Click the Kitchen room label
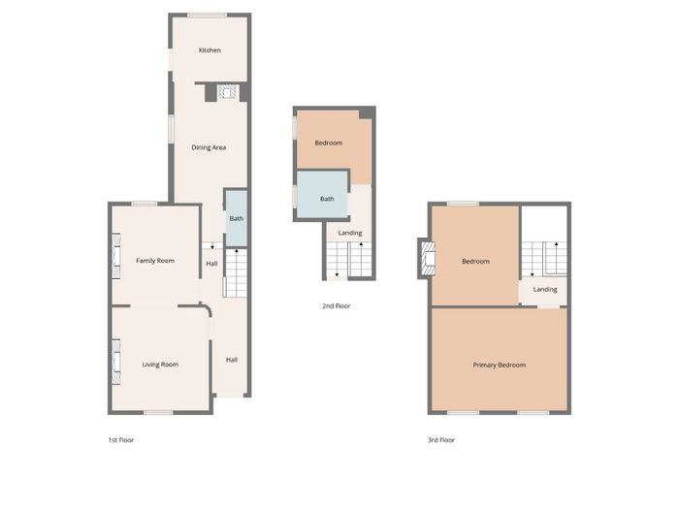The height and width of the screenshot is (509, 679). click(x=210, y=50)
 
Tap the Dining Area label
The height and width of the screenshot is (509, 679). click(x=209, y=147)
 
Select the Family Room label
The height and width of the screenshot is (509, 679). click(x=155, y=261)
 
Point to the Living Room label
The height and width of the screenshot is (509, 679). click(x=160, y=365)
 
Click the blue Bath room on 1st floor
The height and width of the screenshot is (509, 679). click(x=237, y=218)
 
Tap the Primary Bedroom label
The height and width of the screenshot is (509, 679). click(x=500, y=365)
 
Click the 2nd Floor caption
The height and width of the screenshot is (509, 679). click(x=337, y=306)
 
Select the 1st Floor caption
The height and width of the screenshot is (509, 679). click(x=121, y=440)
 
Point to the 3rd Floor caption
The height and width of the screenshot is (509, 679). click(x=441, y=440)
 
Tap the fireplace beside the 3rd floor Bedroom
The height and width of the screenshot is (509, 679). click(x=428, y=259)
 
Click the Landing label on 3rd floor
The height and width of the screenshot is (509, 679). click(x=545, y=289)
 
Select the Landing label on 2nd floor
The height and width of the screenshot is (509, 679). click(x=350, y=233)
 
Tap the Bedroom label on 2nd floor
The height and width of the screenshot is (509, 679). click(x=329, y=143)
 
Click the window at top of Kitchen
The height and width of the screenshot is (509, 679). click(x=207, y=16)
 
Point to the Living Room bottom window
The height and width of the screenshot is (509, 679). click(x=158, y=412)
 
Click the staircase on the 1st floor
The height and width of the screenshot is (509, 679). click(x=236, y=273)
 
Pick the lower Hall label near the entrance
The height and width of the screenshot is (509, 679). click(x=232, y=360)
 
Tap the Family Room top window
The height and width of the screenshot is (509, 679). click(x=145, y=204)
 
